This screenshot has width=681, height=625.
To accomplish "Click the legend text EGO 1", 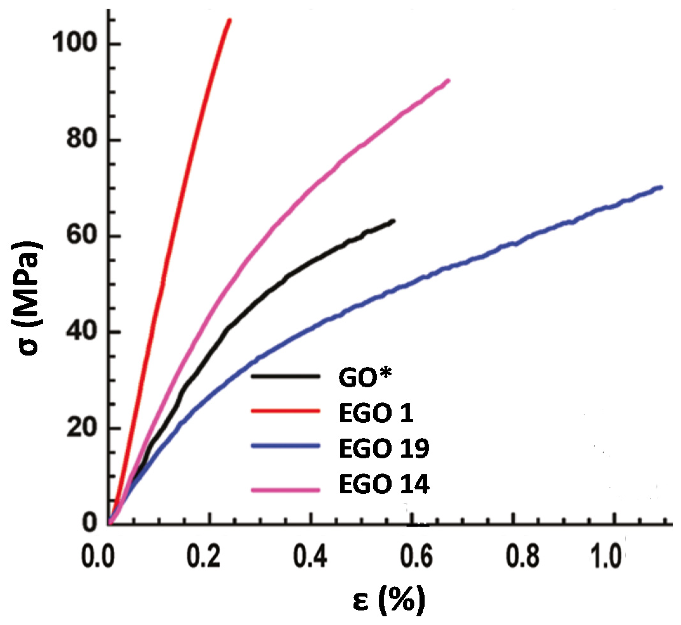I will pos(376,413).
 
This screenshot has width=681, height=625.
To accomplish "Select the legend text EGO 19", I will pos(384,448).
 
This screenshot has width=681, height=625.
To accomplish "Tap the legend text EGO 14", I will pos(384,484).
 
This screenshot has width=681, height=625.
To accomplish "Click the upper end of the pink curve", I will pos(448,81).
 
